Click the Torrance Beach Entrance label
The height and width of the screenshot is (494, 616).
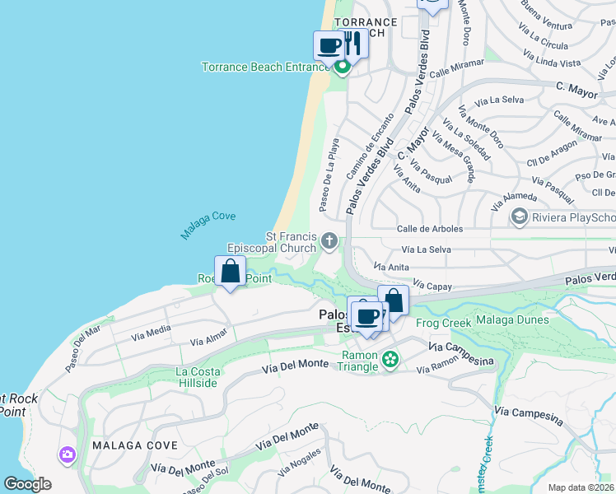click(x=266, y=67)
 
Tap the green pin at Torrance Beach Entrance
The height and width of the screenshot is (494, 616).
click(x=343, y=68)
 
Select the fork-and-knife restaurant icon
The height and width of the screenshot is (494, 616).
click(x=354, y=43)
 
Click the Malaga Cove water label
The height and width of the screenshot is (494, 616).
click(x=208, y=226)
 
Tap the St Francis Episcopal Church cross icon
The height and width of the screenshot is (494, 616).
click(x=329, y=241)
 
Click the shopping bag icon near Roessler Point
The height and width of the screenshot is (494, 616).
click(x=231, y=271)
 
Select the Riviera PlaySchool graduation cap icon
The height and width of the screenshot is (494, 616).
click(x=519, y=217)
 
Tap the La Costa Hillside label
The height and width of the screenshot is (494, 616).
click(x=197, y=377)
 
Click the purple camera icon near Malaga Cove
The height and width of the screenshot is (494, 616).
click(x=67, y=454)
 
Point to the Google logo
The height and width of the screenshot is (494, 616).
click(x=27, y=484)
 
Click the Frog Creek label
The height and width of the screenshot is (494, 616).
click(x=444, y=323)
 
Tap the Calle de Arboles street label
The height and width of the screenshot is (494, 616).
click(x=430, y=229)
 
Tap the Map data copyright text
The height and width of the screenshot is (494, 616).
click(x=581, y=487)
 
